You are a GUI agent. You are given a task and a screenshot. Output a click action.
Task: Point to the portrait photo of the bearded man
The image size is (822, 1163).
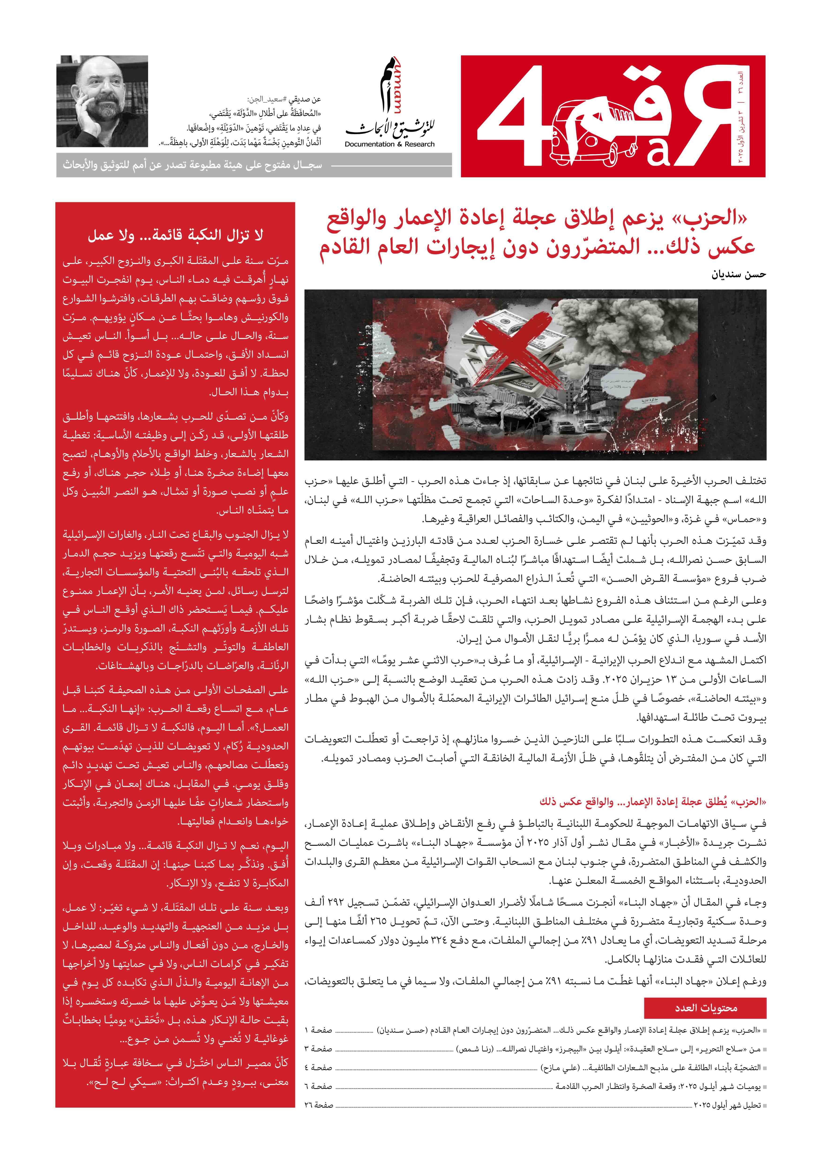[x=102, y=101]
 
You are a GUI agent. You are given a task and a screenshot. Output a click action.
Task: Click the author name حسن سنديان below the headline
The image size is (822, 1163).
[x=739, y=275]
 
